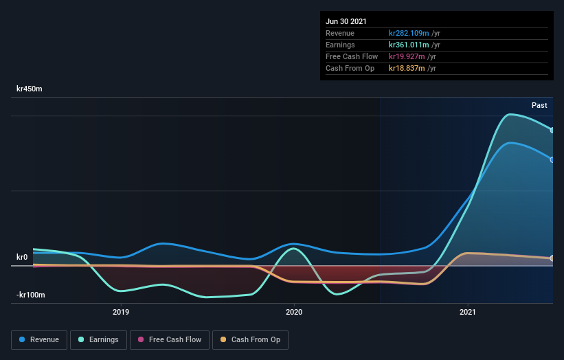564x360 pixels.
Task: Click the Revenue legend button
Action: [40, 339]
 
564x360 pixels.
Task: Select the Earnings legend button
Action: [99, 339]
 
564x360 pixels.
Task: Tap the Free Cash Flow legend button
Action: [169, 339]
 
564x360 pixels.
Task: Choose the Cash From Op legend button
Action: [251, 339]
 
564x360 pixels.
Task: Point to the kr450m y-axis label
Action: [30, 89]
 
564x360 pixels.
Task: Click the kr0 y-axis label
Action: [23, 257]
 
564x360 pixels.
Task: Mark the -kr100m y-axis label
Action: [30, 295]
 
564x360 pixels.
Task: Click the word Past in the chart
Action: [539, 105]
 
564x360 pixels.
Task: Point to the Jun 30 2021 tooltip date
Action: [347, 21]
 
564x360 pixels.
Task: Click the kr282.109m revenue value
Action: [409, 33]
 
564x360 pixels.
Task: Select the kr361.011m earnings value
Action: [409, 45]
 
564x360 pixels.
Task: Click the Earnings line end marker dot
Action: [552, 130]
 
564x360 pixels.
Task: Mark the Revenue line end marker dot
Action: [552, 159]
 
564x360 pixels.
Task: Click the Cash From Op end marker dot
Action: [552, 258]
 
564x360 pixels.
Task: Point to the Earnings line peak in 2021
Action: [510, 114]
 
